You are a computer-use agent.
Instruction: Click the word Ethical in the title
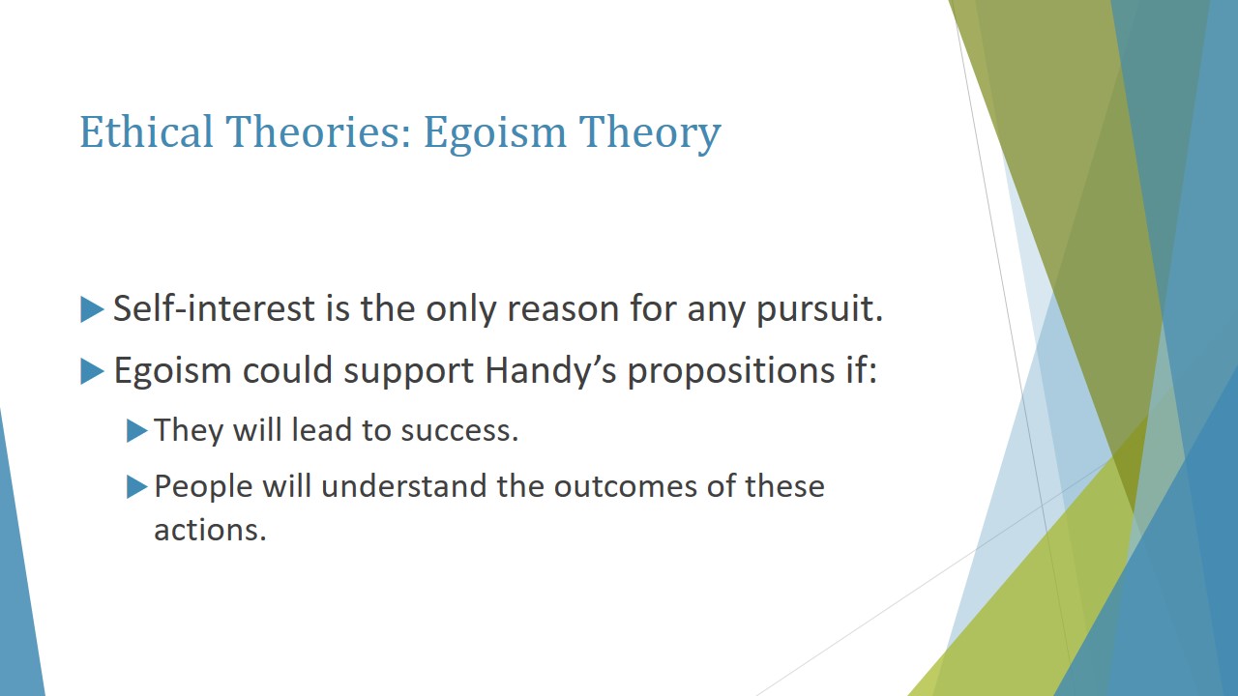146,131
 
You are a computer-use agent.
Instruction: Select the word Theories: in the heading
318,131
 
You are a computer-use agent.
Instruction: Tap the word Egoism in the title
495,134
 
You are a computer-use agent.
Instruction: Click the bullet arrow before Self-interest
92,309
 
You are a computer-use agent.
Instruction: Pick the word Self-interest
214,307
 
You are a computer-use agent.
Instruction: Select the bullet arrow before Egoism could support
92,371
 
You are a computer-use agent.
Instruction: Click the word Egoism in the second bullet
172,371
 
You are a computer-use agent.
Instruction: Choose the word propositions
731,371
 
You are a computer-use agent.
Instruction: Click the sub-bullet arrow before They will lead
137,431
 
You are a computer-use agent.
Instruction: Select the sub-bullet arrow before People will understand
137,487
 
